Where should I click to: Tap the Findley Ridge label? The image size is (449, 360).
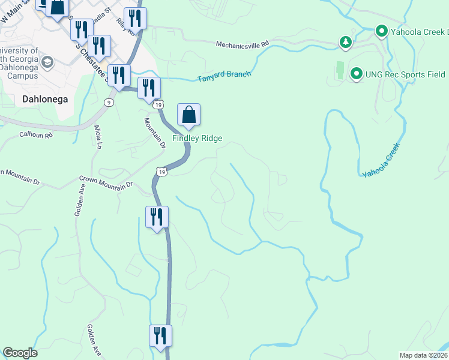(197, 139)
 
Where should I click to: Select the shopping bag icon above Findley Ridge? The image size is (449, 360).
(188, 114)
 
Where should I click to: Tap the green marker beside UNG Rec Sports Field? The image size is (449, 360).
(356, 74)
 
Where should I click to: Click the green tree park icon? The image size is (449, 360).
(345, 42)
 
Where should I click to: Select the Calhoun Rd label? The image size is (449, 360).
(36, 135)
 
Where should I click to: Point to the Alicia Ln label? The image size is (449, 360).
(97, 137)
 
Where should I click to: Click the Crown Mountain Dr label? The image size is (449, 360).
(106, 182)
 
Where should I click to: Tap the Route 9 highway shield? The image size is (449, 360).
(108, 103)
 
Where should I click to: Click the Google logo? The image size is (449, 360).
(20, 353)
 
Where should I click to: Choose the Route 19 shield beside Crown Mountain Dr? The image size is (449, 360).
(161, 172)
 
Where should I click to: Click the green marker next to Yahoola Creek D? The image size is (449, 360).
(381, 31)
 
